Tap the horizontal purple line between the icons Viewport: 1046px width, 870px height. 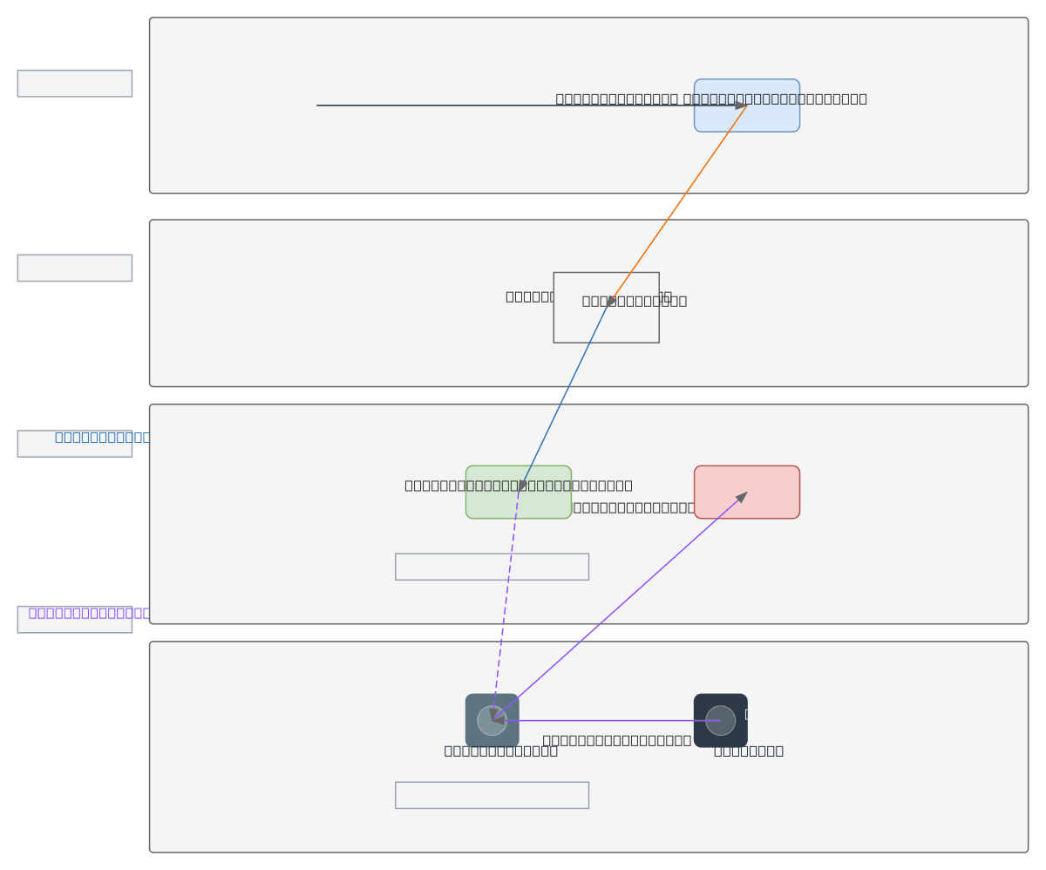click(x=610, y=720)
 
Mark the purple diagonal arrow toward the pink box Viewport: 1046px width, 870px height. click(x=619, y=607)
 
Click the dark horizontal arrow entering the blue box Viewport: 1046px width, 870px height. click(x=436, y=105)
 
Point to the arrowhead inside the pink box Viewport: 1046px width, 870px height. click(x=742, y=497)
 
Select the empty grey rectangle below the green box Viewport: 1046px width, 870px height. click(x=492, y=567)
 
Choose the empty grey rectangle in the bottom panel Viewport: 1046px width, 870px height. click(x=492, y=795)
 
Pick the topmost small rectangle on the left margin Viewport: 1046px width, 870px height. click(x=74, y=84)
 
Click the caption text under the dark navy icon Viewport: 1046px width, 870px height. click(x=748, y=751)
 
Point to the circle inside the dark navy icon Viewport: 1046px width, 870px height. click(x=720, y=720)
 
